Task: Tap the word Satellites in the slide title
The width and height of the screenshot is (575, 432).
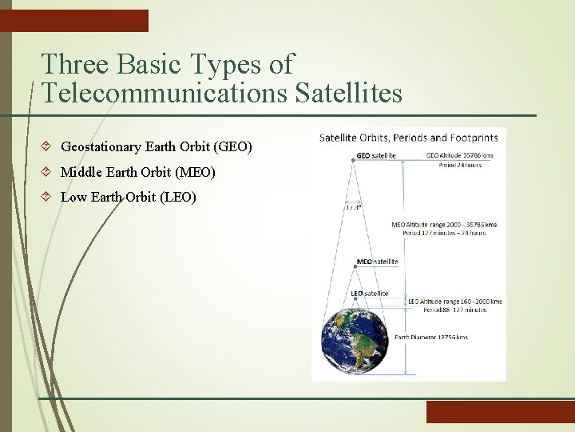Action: (349, 93)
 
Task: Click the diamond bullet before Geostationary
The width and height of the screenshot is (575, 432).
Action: (47, 147)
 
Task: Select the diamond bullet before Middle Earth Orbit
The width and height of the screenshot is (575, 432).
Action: (47, 172)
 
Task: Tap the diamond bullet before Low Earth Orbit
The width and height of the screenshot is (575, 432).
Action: (47, 197)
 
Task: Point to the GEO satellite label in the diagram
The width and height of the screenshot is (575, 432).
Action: (375, 155)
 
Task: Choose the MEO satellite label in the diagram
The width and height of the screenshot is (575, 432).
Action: (377, 262)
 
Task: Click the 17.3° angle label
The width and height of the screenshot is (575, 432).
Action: (352, 206)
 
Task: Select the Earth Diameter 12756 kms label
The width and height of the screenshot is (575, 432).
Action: (432, 337)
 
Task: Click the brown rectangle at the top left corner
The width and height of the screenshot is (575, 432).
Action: (74, 21)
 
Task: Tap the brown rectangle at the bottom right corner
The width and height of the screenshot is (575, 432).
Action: (500, 412)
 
